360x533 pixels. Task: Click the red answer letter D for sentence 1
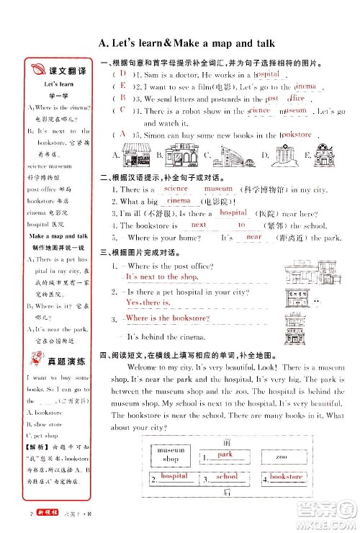pyautogui.click(x=123, y=73)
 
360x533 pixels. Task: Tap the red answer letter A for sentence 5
pyautogui.click(x=123, y=134)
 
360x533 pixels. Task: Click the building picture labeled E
pyautogui.click(x=321, y=154)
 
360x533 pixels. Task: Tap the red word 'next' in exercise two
pyautogui.click(x=199, y=225)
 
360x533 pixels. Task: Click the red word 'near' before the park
pyautogui.click(x=253, y=236)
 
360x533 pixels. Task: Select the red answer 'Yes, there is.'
pyautogui.click(x=146, y=303)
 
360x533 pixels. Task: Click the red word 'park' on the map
pyautogui.click(x=225, y=455)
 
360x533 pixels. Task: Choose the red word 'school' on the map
pyautogui.click(x=227, y=477)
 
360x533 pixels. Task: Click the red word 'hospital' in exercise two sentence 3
pyautogui.click(x=233, y=213)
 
